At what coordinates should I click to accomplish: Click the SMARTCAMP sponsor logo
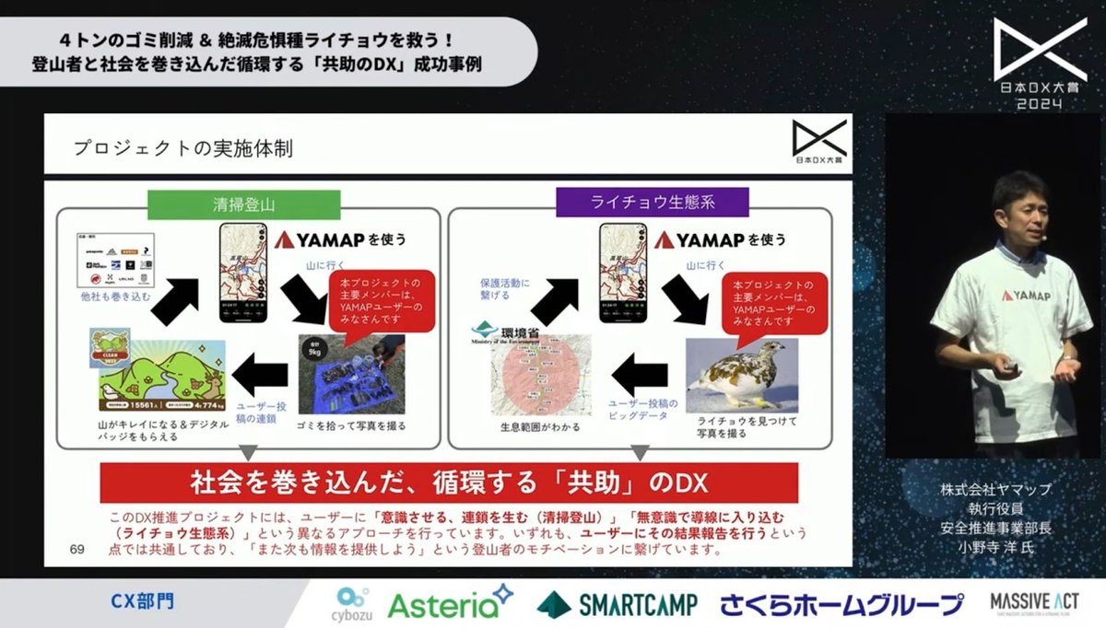(617, 604)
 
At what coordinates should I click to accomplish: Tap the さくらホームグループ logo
(841, 604)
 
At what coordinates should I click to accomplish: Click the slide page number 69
(76, 550)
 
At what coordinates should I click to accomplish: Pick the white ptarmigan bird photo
(741, 375)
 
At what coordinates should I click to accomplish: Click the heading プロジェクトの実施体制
(182, 148)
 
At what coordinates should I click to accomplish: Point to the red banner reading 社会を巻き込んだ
(448, 482)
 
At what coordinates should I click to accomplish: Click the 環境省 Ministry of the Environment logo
(514, 331)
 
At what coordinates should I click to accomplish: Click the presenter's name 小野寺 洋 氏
(995, 547)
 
